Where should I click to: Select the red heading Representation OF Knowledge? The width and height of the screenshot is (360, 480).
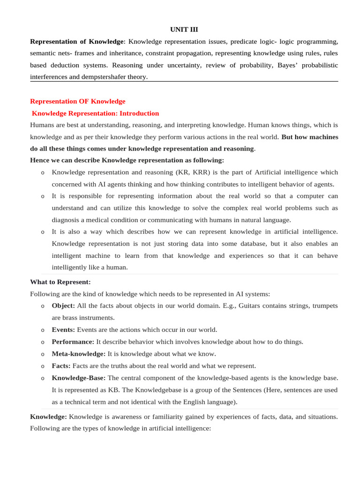coord(78,101)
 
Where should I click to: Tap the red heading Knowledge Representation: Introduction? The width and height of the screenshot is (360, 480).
coord(95,113)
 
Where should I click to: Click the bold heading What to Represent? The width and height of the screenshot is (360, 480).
coord(60,282)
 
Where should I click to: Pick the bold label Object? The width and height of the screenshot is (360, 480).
coord(63,306)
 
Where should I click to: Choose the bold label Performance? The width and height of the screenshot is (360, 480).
coord(73,342)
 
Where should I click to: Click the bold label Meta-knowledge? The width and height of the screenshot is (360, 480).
coord(78,354)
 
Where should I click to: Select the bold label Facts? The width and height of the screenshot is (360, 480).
coord(61,366)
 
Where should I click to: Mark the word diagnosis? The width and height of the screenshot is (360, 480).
coord(66,220)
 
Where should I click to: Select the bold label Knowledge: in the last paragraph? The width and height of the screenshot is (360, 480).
coord(48,416)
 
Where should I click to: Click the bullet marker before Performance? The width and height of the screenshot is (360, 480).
coord(43,342)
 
